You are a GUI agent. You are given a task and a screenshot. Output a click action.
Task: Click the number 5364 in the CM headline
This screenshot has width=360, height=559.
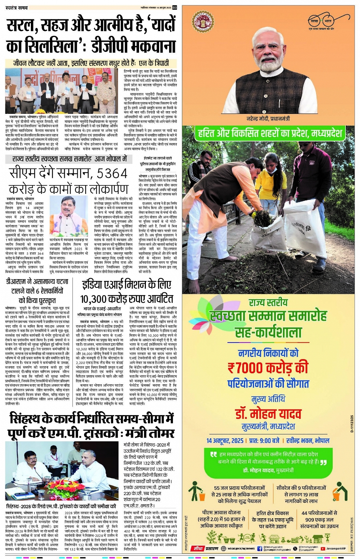tap(111, 174)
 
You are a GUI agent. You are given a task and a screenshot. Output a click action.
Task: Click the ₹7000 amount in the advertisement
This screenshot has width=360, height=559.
tap(267, 368)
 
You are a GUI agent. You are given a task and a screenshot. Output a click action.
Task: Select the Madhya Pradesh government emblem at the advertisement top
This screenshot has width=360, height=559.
tap(202, 21)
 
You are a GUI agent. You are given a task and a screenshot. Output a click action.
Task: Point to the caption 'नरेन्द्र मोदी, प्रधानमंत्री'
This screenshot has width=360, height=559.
tap(268, 119)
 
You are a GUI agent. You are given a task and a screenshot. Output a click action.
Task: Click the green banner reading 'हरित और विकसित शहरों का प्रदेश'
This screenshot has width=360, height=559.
tap(269, 133)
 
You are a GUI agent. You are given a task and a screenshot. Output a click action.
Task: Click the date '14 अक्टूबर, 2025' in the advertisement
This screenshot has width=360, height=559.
tap(225, 441)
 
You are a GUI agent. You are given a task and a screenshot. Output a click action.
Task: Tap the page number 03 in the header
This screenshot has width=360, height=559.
tap(175, 7)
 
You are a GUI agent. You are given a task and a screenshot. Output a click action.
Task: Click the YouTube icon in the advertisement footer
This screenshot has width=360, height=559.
tap(323, 549)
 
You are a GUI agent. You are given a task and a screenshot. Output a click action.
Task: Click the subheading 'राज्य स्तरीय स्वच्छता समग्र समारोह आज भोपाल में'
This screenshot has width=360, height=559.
tap(70, 159)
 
